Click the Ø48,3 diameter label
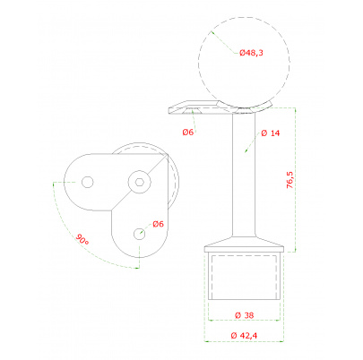[x=251, y=53]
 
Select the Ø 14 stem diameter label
[x=271, y=133]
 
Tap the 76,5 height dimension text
[x=290, y=180]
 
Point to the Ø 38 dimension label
[x=245, y=315]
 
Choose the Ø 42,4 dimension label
[x=244, y=336]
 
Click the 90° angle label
[x=82, y=239]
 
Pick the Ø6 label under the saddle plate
[x=188, y=132]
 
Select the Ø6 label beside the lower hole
[x=158, y=224]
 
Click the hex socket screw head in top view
[x=139, y=182]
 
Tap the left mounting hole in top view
[x=88, y=182]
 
